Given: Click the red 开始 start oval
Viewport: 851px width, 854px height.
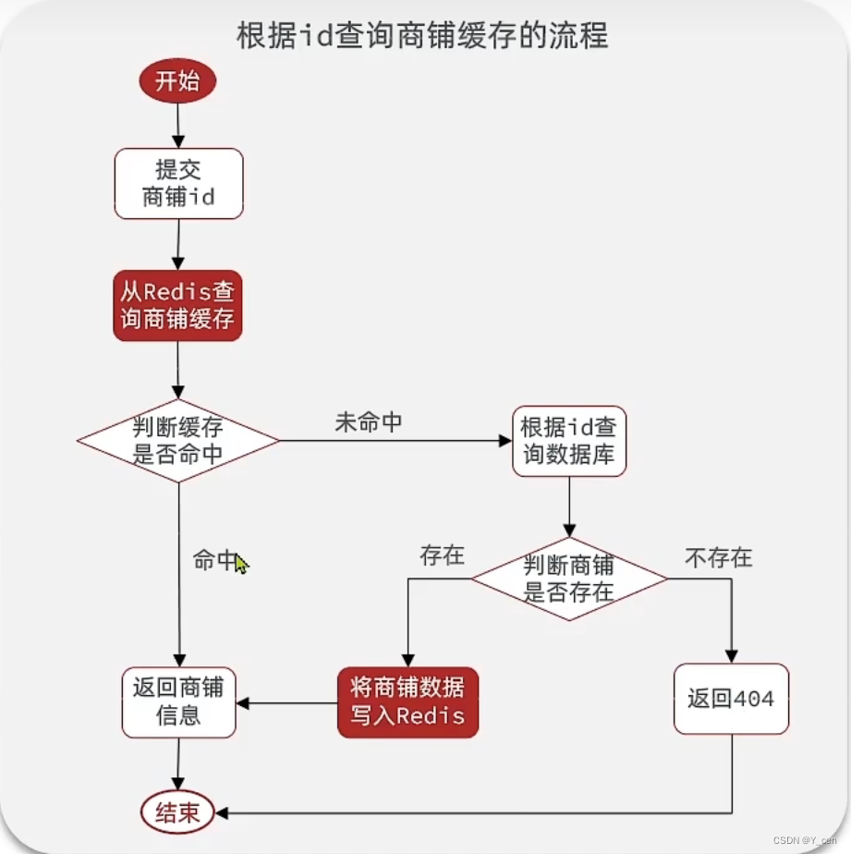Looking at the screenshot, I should (177, 81).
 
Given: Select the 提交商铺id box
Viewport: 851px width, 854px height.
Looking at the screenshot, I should (178, 183).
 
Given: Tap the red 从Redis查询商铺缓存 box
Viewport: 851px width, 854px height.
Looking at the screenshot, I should (178, 306).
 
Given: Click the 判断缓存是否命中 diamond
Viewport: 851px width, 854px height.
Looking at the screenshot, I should (178, 441).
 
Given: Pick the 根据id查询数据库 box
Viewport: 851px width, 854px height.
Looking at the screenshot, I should (568, 441).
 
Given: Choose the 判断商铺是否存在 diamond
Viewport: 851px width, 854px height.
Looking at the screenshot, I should (569, 579).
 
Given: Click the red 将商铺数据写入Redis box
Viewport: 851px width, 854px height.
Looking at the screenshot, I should (407, 701).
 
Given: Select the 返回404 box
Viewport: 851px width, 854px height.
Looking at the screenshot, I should (730, 699).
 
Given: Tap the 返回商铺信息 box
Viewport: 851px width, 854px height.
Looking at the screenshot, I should (178, 701).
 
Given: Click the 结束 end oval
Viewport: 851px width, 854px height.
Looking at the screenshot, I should (177, 813).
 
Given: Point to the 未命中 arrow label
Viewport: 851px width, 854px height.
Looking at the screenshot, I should (368, 422).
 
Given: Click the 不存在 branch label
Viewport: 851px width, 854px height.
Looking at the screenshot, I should (718, 557).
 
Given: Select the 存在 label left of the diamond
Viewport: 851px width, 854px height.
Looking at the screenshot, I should (442, 555).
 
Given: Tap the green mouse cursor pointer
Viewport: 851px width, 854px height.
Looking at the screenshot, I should (241, 563).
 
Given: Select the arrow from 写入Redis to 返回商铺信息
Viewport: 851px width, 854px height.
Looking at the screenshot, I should (286, 702).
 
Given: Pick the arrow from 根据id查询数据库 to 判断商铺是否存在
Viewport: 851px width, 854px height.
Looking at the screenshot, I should (568, 506).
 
